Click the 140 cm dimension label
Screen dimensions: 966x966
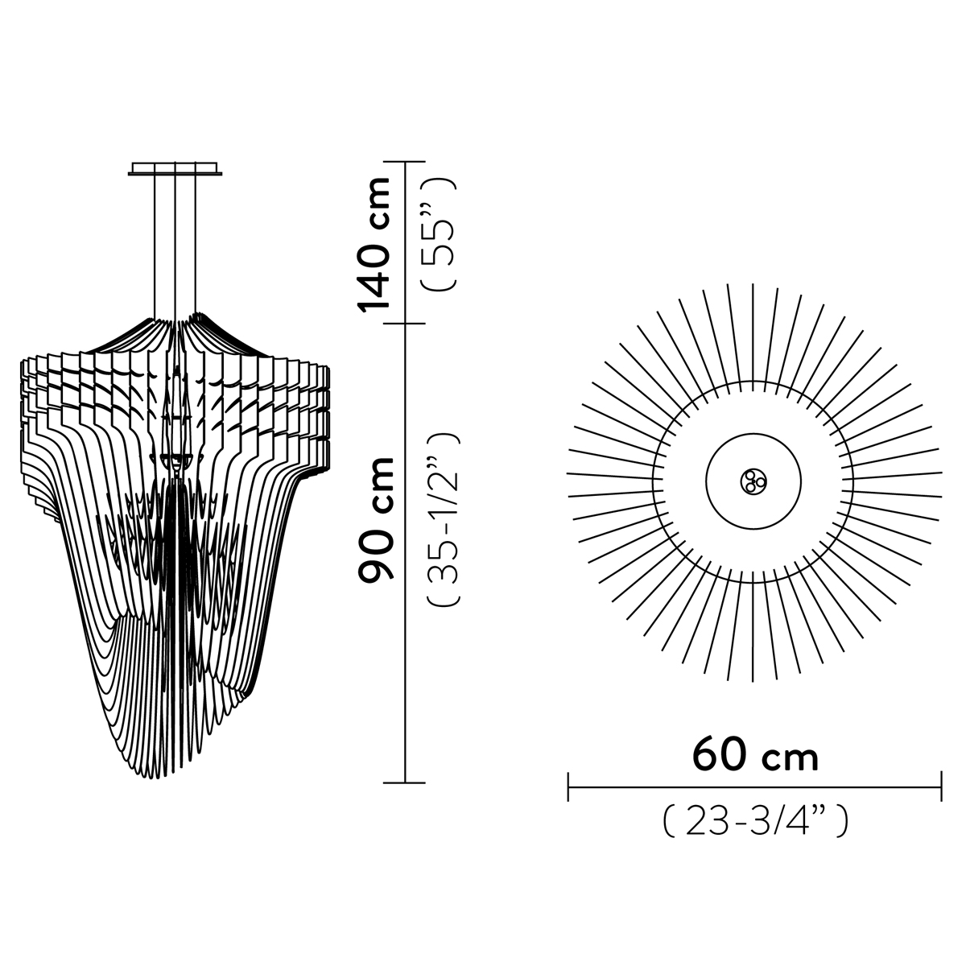click(x=373, y=244)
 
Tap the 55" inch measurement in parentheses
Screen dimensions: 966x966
click(x=440, y=234)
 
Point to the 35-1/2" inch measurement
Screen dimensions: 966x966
click(x=443, y=519)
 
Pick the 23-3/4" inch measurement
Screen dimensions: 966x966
click(x=755, y=821)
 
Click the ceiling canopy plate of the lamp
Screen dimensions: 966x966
click(x=175, y=168)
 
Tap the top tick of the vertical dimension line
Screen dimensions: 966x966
click(x=405, y=162)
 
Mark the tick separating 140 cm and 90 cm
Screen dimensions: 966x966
click(x=405, y=324)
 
